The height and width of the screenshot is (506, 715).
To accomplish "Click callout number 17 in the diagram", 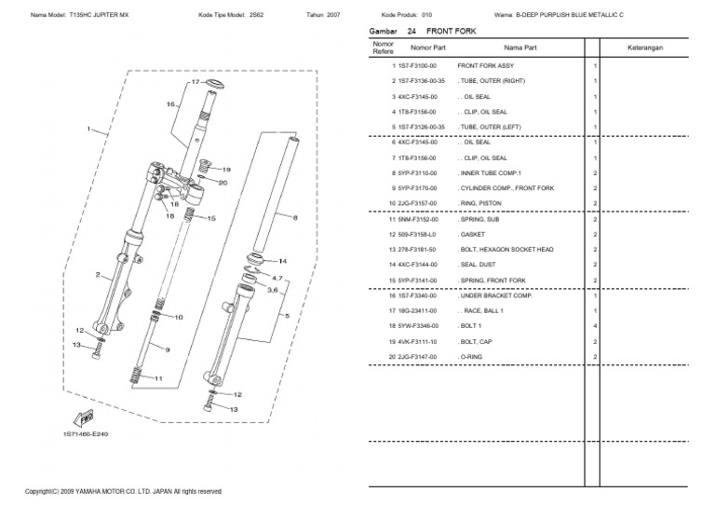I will coord(196,83).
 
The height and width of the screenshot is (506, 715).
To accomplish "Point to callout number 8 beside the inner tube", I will coord(295,218).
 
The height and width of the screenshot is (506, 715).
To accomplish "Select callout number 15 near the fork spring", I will coord(210,219).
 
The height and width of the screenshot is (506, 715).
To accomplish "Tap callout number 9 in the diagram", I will coord(167,349).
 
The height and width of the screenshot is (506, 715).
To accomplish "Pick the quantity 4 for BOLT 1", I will coord(595,326).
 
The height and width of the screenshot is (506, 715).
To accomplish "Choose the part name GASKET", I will coord(472,234).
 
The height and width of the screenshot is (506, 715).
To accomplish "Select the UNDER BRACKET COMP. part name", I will coord(494,295).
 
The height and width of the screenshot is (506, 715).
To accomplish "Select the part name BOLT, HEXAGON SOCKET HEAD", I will coord(506,250).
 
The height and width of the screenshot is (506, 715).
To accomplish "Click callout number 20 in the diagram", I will coord(223,184).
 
